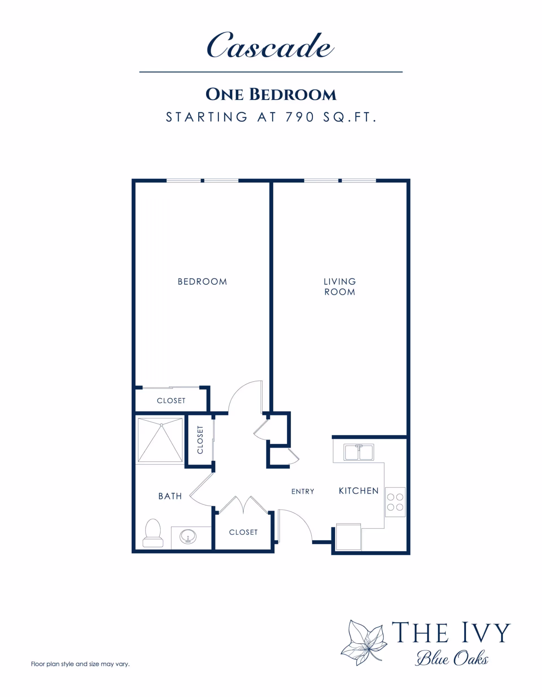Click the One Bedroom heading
(271, 95)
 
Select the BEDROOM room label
(202, 281)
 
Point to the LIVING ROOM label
(340, 287)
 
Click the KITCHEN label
(359, 491)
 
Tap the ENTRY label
(303, 491)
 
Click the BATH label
(170, 496)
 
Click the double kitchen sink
(359, 452)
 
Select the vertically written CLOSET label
(200, 440)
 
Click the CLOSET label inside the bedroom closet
(171, 401)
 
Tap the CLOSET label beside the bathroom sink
(243, 532)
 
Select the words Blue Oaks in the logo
(452, 658)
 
